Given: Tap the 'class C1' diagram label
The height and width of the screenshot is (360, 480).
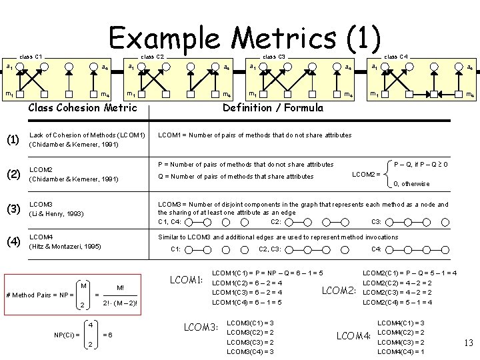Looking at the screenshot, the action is point(30,56).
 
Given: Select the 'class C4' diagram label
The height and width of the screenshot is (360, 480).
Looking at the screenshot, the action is point(396,56).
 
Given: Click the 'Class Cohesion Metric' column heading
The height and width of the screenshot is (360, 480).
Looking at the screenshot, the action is point(83,108).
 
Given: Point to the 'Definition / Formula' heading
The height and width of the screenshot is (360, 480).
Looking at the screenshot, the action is point(273,108).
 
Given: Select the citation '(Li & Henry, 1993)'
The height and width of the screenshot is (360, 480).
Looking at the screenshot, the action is point(56,214).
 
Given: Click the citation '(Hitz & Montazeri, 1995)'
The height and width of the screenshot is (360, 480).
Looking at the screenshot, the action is point(66,247).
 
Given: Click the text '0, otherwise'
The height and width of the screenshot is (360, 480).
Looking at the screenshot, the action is point(411,184).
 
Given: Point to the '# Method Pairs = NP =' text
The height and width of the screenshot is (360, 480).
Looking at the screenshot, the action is point(38,295).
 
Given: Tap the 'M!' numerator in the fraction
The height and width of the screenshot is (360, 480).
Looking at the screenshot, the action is point(120,288).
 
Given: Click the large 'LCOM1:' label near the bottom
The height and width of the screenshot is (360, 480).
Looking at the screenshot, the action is point(187,279).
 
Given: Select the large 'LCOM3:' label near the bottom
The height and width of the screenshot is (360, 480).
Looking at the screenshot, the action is point(201,327).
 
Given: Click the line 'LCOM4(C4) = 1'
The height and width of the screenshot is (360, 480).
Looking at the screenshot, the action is point(401,351).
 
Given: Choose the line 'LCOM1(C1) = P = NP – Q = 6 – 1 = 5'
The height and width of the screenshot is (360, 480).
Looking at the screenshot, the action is point(267,273).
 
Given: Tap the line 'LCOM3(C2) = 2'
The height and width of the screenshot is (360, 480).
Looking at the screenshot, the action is point(250,332).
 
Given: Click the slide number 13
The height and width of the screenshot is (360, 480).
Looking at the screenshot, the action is point(467,343).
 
